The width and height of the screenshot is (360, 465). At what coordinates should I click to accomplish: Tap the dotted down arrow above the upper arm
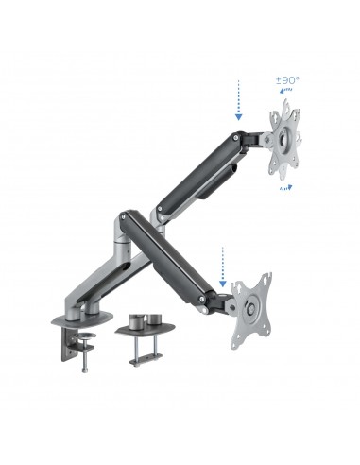pos(238,104)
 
